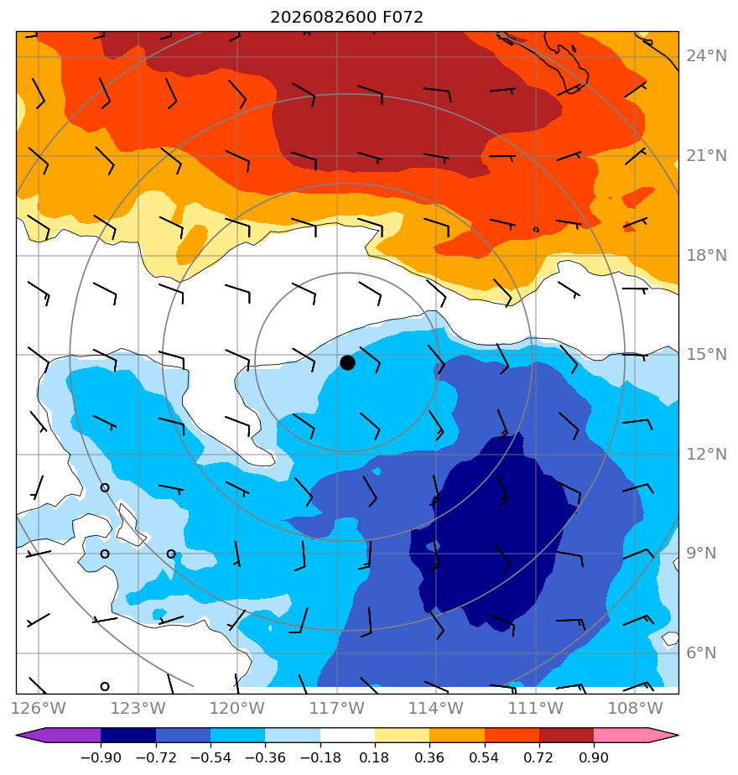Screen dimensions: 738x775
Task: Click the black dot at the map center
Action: click(x=347, y=363)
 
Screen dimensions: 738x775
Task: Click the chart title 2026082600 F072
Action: click(x=346, y=18)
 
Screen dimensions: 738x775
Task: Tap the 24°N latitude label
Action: click(x=706, y=56)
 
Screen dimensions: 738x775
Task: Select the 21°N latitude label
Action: click(x=706, y=156)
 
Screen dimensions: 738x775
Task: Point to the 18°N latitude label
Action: click(x=706, y=256)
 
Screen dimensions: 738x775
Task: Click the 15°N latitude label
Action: click(x=706, y=355)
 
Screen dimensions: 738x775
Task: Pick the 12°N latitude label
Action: click(x=706, y=455)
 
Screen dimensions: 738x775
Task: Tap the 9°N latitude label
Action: click(x=701, y=553)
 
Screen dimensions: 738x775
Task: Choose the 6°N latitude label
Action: click(x=701, y=653)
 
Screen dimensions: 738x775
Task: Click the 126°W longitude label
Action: click(x=39, y=708)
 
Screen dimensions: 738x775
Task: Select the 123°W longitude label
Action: click(x=138, y=708)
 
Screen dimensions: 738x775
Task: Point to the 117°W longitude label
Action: click(x=337, y=708)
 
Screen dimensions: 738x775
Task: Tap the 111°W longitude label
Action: click(x=536, y=708)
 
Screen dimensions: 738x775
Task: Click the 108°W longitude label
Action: click(x=635, y=708)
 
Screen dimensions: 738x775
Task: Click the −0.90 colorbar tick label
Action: click(x=101, y=757)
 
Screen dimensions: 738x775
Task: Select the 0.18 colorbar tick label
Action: click(x=375, y=757)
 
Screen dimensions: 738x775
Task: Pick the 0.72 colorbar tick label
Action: click(x=538, y=757)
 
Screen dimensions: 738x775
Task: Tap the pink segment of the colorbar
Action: click(x=621, y=735)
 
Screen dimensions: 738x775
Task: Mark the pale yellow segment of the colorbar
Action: click(x=402, y=735)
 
